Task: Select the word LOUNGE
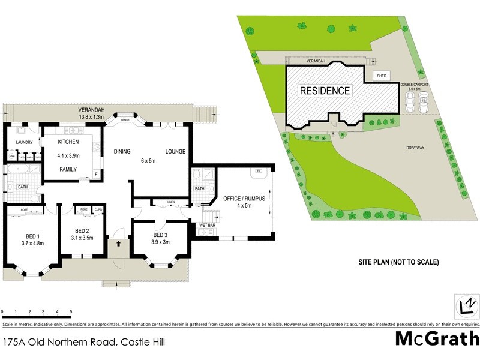(175, 152)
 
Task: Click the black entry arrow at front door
(118, 244)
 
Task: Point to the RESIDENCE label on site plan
(325, 91)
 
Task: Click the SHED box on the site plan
(381, 76)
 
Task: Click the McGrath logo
(437, 338)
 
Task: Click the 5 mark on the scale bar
(71, 312)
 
